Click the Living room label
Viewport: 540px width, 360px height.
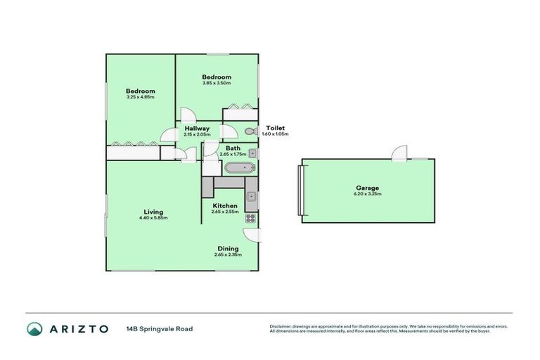153,212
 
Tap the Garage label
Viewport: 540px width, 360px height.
367,188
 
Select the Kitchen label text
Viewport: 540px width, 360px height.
224,205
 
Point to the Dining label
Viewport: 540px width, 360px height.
227,248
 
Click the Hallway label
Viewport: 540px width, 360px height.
197,129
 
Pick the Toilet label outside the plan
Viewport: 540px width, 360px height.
275,128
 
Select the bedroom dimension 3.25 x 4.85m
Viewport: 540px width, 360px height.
140,97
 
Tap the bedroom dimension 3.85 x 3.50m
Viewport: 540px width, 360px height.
217,83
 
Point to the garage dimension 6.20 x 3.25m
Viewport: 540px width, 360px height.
367,194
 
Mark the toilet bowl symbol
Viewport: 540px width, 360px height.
249,132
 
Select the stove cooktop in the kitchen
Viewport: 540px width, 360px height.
250,219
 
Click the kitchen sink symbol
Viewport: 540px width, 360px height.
251,196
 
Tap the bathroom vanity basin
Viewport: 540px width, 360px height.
252,153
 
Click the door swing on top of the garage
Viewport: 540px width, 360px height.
400,153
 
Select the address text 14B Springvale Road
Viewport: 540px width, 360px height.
160,328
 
